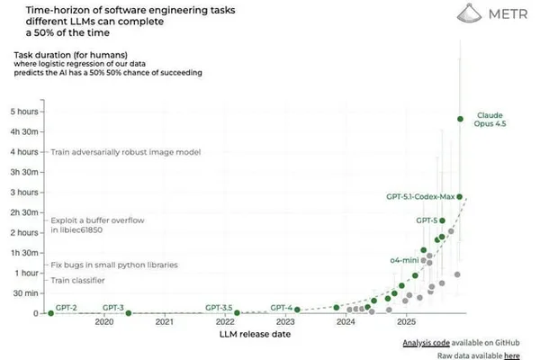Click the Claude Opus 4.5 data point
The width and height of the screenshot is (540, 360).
point(460,119)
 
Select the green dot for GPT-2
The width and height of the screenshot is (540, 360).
point(51,313)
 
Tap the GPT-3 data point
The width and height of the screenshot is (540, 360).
point(129,313)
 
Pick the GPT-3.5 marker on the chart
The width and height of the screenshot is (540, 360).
point(237,313)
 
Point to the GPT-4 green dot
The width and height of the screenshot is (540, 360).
point(297,310)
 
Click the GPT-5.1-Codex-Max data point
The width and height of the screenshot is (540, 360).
point(459,197)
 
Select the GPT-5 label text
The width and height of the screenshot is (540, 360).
point(427,220)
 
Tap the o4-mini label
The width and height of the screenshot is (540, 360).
point(404,260)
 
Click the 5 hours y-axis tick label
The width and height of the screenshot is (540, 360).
point(24,112)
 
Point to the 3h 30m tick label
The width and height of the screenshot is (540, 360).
point(24,172)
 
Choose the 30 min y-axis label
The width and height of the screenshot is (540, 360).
point(25,293)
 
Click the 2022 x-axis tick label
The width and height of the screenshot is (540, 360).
point(225,322)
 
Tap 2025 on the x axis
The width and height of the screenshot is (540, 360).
point(407,322)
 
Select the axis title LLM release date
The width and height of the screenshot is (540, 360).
point(255,334)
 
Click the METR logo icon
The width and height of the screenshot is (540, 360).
point(469,13)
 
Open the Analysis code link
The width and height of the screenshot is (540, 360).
point(426,343)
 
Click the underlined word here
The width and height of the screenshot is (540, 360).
point(512,355)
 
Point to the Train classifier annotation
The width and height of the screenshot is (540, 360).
point(77,281)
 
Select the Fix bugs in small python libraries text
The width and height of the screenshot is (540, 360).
point(114,265)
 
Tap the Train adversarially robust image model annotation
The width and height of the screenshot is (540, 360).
point(126,152)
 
